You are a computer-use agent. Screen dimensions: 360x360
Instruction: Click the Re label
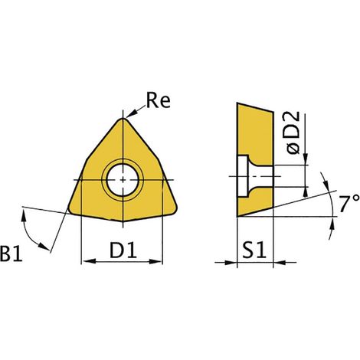pyautogui.click(x=159, y=100)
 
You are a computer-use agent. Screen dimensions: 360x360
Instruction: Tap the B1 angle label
pyautogui.click(x=11, y=253)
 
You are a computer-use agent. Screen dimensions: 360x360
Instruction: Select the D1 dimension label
pyautogui.click(x=123, y=250)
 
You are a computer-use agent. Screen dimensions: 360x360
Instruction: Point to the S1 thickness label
pyautogui.click(x=254, y=250)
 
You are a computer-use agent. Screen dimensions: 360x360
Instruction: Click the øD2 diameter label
pyautogui.click(x=293, y=133)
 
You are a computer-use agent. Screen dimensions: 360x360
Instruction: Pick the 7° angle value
pyautogui.click(x=349, y=203)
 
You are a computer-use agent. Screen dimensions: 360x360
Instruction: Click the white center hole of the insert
pyautogui.click(x=123, y=180)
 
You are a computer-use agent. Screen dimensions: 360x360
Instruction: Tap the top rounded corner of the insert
pyautogui.click(x=123, y=119)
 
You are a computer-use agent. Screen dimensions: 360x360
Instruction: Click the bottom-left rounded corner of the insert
pyautogui.click(x=70, y=210)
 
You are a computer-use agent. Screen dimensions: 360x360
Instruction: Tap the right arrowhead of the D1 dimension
pyautogui.click(x=155, y=261)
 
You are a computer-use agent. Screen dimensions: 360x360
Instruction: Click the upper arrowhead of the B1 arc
pyautogui.click(x=24, y=214)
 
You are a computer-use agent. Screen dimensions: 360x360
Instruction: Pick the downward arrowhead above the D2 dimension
pyautogui.click(x=306, y=159)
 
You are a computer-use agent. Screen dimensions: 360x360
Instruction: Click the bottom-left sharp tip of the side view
pyautogui.click(x=237, y=217)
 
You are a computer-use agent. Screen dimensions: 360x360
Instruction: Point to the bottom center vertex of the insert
pyautogui.click(x=123, y=221)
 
